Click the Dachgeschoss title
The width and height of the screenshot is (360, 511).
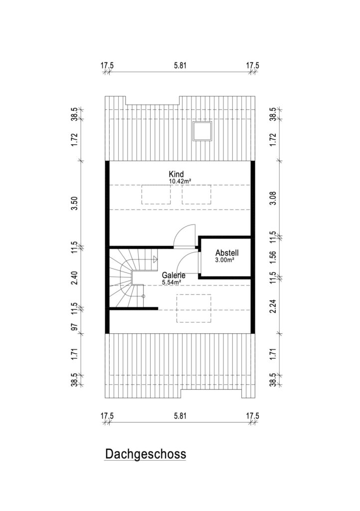point(146,454)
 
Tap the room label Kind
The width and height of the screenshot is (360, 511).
point(176,174)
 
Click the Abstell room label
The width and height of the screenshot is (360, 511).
point(227,253)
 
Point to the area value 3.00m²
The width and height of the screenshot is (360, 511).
point(225,260)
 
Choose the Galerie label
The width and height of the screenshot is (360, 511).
point(174,275)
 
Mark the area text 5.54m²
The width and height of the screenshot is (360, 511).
point(172,282)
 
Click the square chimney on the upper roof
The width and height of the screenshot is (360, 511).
point(202,131)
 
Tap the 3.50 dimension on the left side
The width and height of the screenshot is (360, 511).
point(75,204)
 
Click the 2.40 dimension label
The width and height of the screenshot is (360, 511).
point(75,277)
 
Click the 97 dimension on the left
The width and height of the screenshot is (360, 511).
point(75,326)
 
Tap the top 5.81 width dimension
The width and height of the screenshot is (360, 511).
point(180,65)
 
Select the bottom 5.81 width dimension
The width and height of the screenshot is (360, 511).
point(180,416)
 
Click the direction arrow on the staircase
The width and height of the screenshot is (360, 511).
point(155,259)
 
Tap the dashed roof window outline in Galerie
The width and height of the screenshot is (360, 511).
point(193,308)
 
